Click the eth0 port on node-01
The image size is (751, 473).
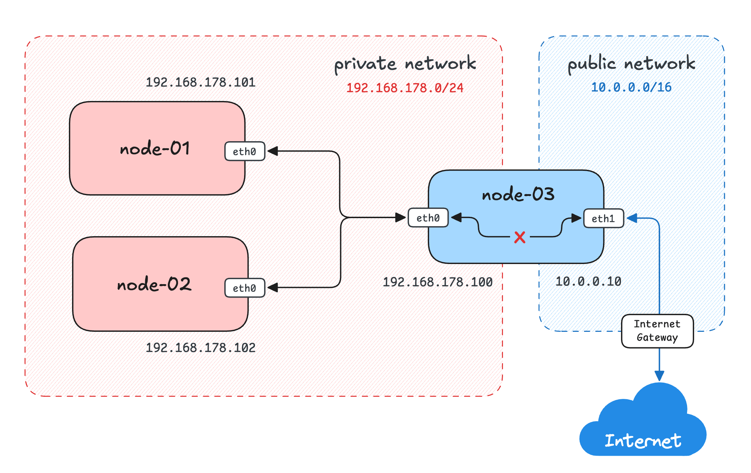(x=244, y=151)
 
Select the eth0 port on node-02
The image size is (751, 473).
(x=244, y=288)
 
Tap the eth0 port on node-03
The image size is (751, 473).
(x=428, y=218)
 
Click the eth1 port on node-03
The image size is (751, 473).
(x=603, y=218)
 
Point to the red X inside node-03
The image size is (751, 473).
(x=520, y=237)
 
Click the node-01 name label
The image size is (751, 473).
(x=155, y=148)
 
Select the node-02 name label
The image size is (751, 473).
(x=154, y=284)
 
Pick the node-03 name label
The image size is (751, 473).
(x=518, y=194)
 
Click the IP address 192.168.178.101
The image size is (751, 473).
(x=200, y=82)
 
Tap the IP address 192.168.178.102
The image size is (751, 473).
(x=200, y=348)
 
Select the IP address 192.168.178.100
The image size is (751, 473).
(x=438, y=282)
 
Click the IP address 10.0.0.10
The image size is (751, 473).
(x=588, y=281)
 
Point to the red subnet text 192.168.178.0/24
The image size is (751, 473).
(x=404, y=88)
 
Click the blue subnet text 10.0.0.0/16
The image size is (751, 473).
(x=631, y=87)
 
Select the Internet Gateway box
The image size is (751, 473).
(x=657, y=331)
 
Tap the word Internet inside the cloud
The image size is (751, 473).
(x=643, y=441)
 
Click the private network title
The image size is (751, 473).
(x=405, y=64)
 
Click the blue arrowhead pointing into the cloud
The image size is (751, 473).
(x=659, y=376)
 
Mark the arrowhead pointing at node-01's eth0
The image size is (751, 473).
(x=273, y=151)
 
